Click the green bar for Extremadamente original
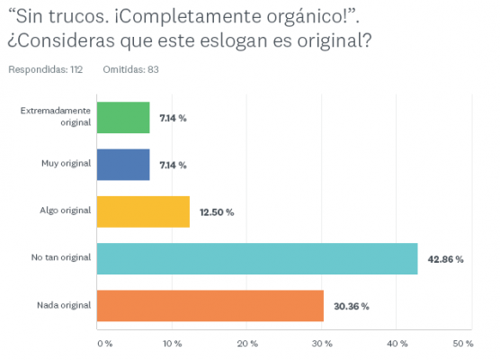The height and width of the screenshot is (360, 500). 123,117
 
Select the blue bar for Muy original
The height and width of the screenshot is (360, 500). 123,165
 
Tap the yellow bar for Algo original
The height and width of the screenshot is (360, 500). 143,211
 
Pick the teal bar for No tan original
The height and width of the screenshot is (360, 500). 256,259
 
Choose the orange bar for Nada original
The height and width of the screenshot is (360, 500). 210,306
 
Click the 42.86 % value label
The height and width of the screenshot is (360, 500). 446,259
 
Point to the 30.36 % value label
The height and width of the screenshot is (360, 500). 352,306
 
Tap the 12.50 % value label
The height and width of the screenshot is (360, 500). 217,212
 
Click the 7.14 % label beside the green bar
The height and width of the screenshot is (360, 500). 173,118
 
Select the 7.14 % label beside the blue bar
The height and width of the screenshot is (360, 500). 173,165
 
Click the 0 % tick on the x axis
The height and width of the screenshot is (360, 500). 103,343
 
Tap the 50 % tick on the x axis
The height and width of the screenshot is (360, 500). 462,343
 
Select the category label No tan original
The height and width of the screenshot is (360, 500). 61,258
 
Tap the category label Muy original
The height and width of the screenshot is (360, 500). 67,164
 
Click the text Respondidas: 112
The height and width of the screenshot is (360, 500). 45,69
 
